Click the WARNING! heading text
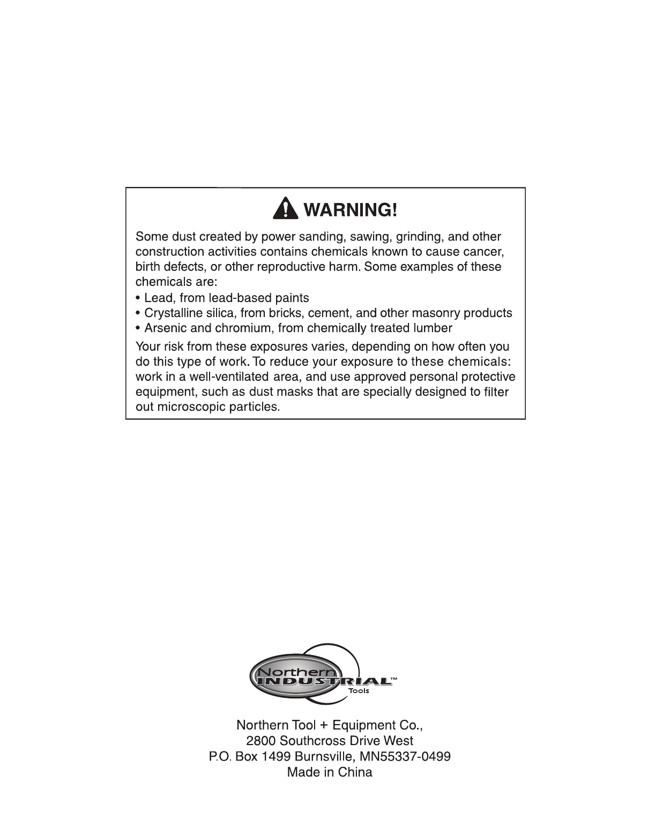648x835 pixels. (x=351, y=209)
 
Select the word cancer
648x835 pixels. (x=484, y=252)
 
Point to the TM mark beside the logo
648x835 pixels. (x=394, y=678)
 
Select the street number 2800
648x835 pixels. (x=261, y=741)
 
